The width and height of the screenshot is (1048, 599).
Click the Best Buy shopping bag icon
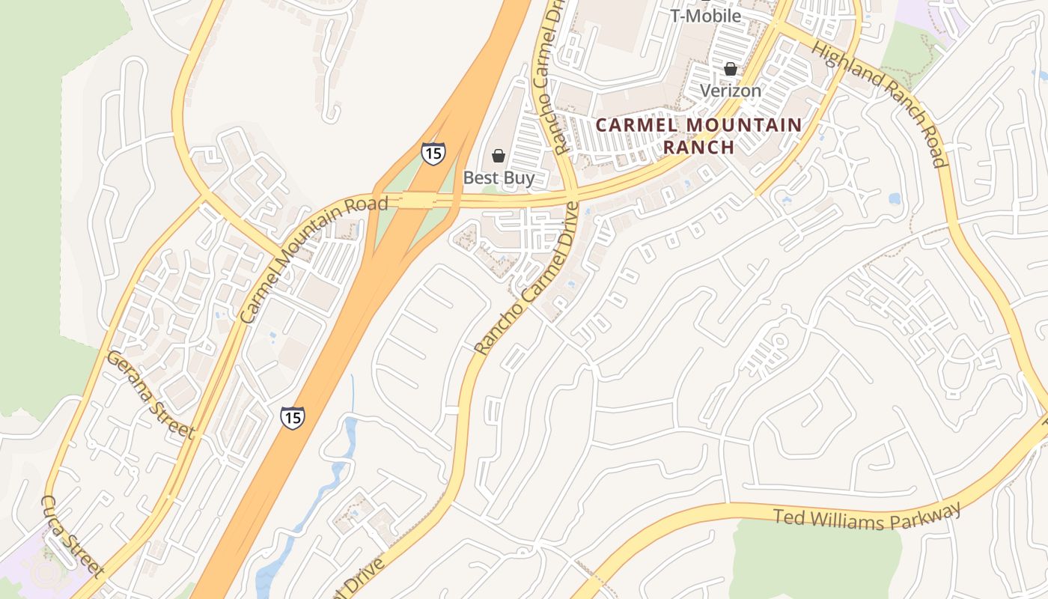tap(498, 156)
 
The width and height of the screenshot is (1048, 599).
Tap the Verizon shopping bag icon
tap(730, 69)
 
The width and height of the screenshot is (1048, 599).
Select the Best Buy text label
tap(499, 178)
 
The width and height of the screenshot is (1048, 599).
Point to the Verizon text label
tap(730, 91)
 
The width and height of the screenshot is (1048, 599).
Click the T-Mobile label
tap(706, 16)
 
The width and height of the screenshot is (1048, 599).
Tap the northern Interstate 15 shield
tap(433, 153)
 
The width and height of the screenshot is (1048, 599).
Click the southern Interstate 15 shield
tap(293, 417)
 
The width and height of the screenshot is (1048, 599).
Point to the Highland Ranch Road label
tap(880, 103)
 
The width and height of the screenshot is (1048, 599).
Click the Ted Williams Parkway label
tap(866, 517)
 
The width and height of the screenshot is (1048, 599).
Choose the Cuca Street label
tap(72, 535)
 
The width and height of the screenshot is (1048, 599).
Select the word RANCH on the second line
tap(698, 147)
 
